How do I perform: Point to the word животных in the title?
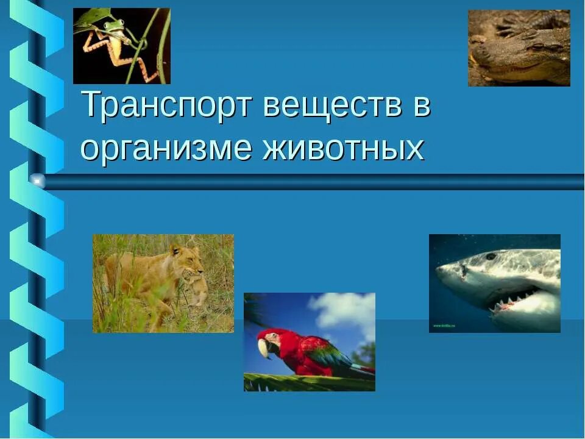343,148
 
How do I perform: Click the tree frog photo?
121,46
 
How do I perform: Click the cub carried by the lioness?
196,290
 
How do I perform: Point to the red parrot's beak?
264,348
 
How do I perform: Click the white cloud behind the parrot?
344,311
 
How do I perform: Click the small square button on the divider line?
38,181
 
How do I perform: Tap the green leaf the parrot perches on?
305,382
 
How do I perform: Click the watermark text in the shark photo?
445,326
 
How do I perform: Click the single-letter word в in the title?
422,105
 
